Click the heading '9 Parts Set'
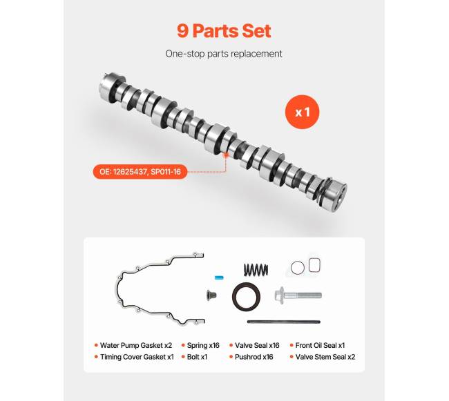click(224, 31)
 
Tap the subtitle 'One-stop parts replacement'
click(224, 54)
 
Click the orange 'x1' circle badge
click(302, 112)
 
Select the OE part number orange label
click(140, 172)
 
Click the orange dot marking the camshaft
click(226, 155)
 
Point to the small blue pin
click(219, 277)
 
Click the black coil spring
click(256, 269)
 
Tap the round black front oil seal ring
click(247, 297)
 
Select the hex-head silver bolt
click(298, 295)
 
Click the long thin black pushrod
click(284, 322)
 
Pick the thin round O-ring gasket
click(297, 268)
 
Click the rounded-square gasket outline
click(314, 265)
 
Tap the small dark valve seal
click(211, 295)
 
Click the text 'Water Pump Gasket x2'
click(136, 345)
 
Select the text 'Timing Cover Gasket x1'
click(137, 357)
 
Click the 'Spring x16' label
click(203, 345)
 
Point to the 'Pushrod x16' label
click(254, 357)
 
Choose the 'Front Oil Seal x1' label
click(320, 345)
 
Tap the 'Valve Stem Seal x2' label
click(325, 357)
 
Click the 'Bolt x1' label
click(197, 357)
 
